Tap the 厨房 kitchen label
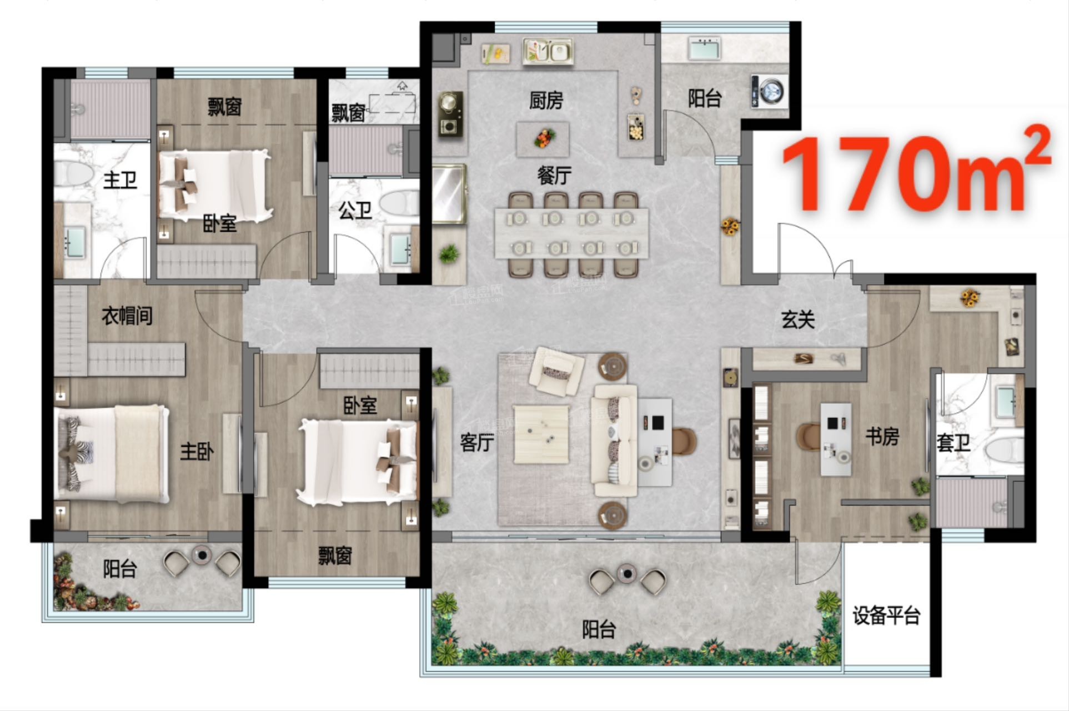[x=546, y=101]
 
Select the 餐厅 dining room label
[x=554, y=176]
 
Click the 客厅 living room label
[x=477, y=443]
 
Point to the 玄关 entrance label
[x=798, y=319]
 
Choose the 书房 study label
[x=882, y=437]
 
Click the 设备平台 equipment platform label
[x=886, y=615]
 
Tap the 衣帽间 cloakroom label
[x=127, y=316]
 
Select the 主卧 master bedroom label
[x=197, y=451]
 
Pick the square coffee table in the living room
[x=541, y=434]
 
